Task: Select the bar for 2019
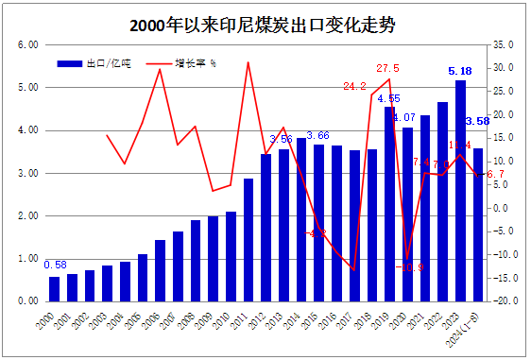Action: pos(390,203)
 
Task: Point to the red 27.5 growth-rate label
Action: pos(387,68)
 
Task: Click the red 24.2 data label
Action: pos(354,86)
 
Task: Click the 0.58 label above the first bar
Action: pos(56,265)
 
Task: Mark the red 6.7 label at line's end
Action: pos(495,175)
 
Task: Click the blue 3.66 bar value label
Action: pos(318,136)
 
